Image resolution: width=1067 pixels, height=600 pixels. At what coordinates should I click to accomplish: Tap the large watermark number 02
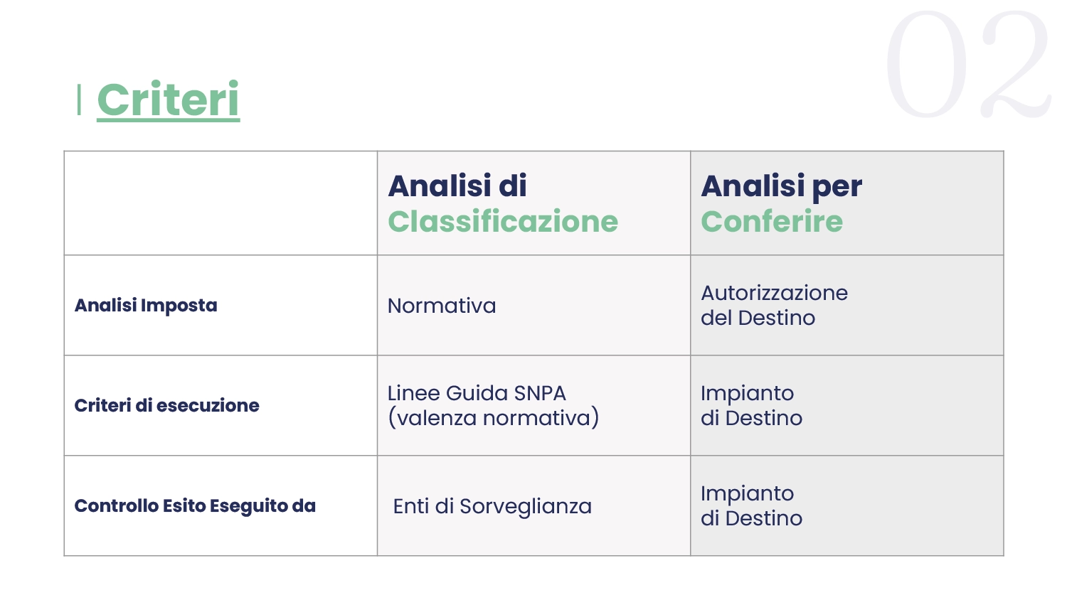(968, 64)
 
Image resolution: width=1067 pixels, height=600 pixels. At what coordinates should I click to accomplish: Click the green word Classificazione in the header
(503, 221)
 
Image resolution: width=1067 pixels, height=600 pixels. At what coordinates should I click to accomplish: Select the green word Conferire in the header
(772, 221)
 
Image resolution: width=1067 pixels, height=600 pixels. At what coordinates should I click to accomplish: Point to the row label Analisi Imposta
(146, 306)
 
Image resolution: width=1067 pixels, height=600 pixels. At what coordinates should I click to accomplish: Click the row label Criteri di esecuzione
(166, 405)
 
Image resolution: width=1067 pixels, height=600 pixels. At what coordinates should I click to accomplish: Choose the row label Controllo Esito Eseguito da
(195, 506)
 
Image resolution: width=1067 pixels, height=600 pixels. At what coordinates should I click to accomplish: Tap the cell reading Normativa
(442, 306)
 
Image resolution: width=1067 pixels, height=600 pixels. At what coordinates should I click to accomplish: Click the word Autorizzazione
(774, 293)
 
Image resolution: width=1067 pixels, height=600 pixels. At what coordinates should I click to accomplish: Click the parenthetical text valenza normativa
(493, 418)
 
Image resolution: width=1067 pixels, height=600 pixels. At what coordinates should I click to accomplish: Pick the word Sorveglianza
(526, 507)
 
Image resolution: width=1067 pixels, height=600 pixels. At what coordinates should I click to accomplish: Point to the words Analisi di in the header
(457, 186)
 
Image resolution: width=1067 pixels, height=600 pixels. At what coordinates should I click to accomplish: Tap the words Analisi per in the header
(781, 187)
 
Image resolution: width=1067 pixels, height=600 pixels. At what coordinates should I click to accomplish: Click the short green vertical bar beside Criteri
(79, 100)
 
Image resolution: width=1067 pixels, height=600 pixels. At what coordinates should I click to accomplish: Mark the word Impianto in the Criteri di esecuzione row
(747, 394)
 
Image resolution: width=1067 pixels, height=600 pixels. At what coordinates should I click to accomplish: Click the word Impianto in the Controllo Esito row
(747, 494)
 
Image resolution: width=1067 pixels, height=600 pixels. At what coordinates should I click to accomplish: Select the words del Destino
(758, 318)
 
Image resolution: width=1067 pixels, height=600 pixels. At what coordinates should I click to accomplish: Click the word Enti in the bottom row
(410, 507)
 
